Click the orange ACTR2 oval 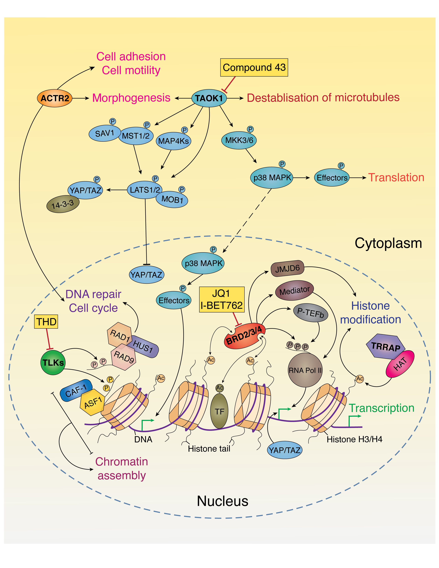(x=55, y=98)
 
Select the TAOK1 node (x=209, y=98)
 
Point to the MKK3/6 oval (x=239, y=140)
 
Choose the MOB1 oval (x=172, y=200)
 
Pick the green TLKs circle (x=53, y=362)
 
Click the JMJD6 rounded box (x=287, y=268)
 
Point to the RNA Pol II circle (x=305, y=370)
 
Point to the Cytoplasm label (x=388, y=243)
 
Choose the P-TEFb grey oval (x=311, y=313)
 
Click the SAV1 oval (x=104, y=133)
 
